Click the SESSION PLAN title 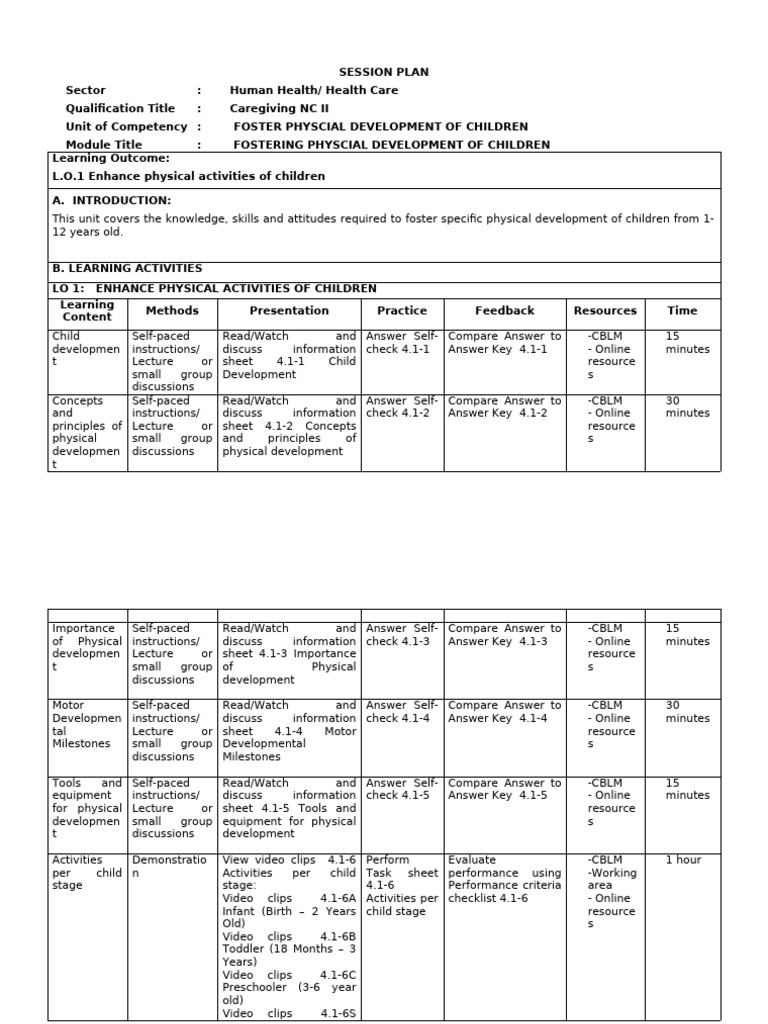383,72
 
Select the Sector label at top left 85,90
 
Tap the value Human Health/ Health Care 313,90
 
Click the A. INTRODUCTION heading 111,200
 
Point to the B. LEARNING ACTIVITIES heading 127,268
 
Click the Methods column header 172,311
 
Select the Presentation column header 289,311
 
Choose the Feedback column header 504,311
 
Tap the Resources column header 605,311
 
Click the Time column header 682,311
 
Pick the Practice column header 402,311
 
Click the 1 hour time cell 683,860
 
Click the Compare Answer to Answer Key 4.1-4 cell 504,712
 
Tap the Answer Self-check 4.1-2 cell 402,407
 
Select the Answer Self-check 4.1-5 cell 402,789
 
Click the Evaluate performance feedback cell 504,879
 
